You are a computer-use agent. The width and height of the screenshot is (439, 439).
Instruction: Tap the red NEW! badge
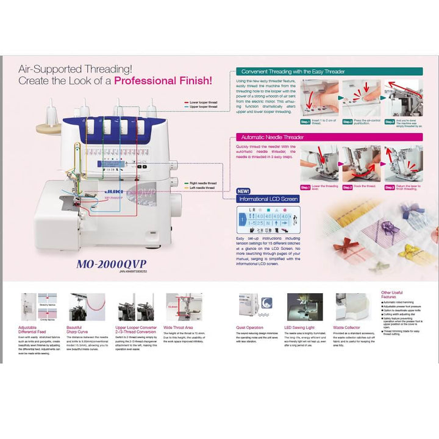(x=243, y=191)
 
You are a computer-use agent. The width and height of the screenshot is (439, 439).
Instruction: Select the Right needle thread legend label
(x=203, y=182)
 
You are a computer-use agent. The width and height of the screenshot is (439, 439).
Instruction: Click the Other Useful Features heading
(x=392, y=294)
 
